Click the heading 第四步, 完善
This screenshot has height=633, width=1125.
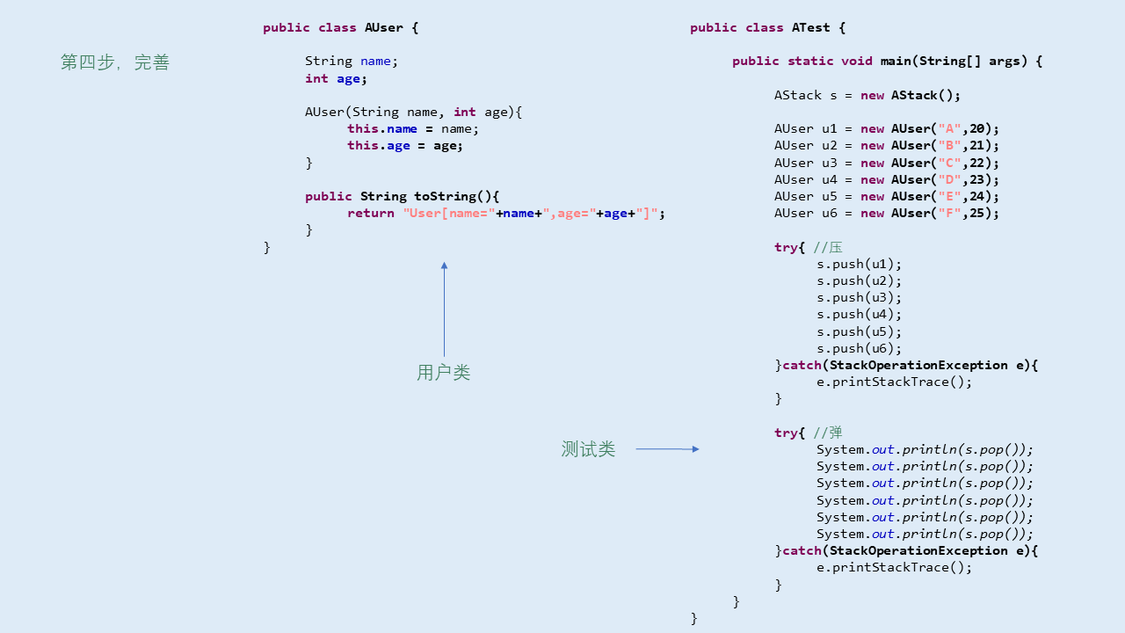(114, 62)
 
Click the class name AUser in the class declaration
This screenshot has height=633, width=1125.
(384, 27)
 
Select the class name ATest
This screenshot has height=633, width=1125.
(810, 27)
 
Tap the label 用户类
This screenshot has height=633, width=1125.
(443, 373)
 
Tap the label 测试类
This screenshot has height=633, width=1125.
(588, 449)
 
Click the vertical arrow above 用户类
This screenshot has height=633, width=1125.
(444, 309)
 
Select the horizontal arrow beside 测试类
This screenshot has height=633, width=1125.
(667, 449)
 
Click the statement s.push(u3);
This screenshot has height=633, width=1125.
(859, 297)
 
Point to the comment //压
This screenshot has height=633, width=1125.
(828, 247)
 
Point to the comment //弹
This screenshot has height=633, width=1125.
(828, 433)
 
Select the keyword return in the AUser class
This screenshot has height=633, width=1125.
(370, 213)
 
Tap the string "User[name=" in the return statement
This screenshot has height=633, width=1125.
(449, 213)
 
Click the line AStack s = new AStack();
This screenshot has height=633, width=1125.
(867, 95)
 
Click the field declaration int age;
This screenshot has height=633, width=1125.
(336, 78)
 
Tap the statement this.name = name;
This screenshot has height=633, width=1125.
(413, 128)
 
